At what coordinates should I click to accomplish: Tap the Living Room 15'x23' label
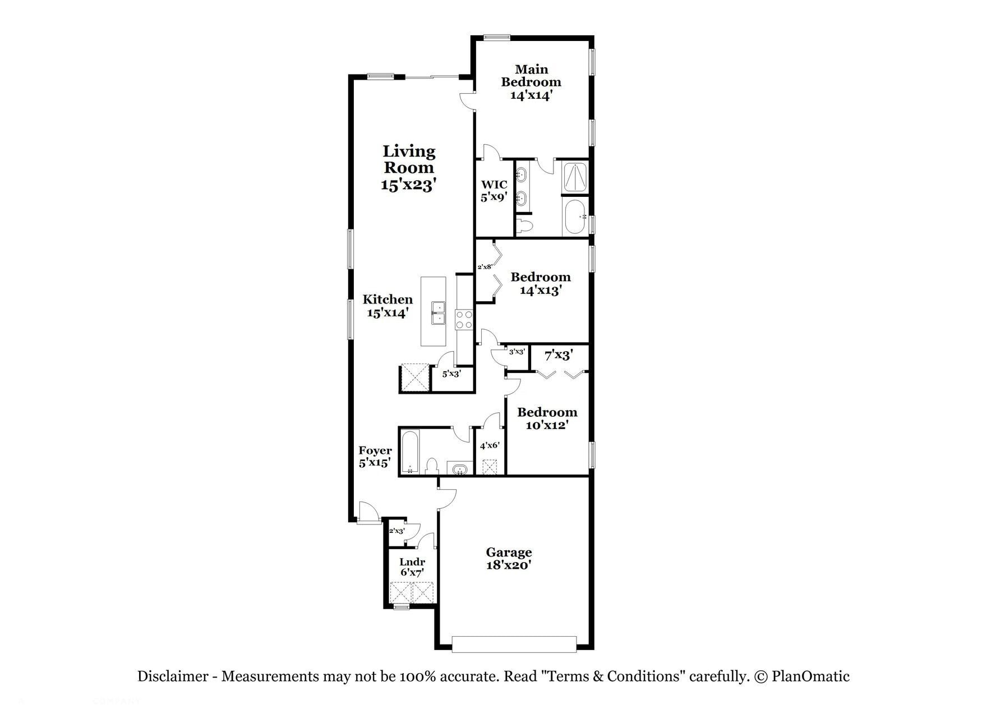408,168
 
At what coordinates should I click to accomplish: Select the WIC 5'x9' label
494,191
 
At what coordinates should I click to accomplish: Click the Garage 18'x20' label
509,559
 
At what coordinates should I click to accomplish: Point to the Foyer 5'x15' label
375,457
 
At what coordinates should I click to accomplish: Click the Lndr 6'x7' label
412,567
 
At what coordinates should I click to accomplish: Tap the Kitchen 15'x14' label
388,306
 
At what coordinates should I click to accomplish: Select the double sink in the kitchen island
438,312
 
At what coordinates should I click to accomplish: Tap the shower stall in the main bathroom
575,177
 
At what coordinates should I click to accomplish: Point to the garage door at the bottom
514,644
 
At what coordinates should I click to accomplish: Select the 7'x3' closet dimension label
559,355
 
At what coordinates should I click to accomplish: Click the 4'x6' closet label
490,445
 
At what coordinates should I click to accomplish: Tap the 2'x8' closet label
485,267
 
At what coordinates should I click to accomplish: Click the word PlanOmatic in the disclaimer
810,676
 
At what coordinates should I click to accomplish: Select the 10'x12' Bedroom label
547,418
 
